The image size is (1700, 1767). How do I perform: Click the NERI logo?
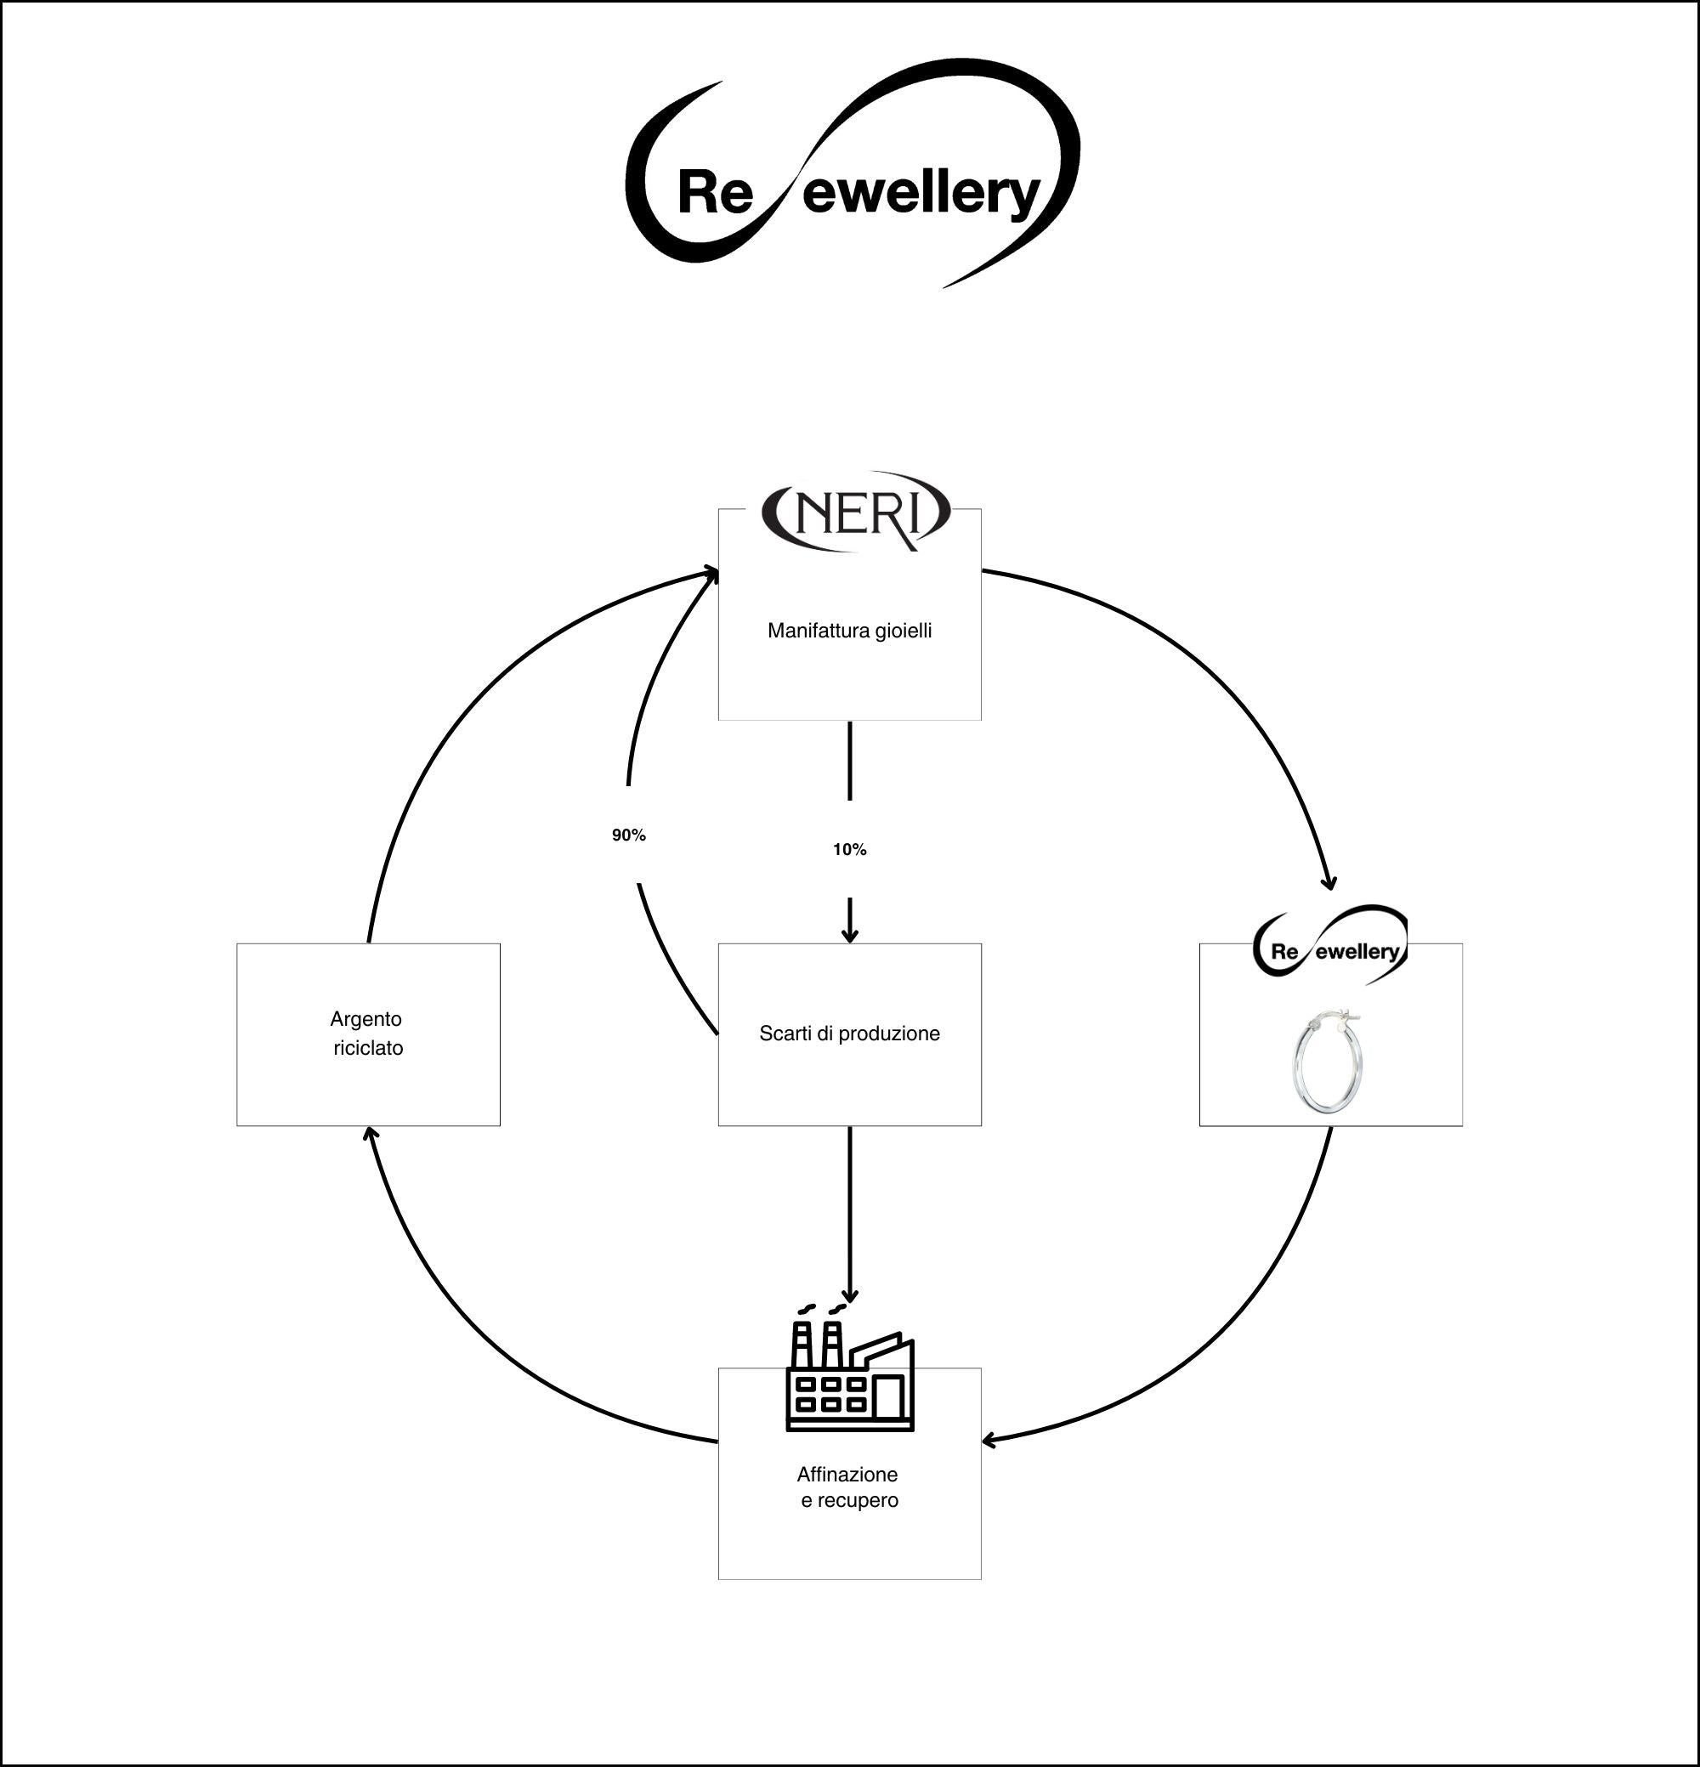855,511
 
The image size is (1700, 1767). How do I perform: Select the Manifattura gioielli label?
849,631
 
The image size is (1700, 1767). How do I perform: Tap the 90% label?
628,835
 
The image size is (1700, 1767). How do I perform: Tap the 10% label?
849,849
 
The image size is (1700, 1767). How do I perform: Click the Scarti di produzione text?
849,1034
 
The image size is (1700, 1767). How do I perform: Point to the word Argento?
366,1019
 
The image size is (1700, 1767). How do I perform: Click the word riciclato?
368,1048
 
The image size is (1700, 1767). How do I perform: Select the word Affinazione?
847,1475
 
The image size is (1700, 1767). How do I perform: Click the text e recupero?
849,1501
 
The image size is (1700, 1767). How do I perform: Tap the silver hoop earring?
1328,1064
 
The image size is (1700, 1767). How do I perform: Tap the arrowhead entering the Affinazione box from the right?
989,1441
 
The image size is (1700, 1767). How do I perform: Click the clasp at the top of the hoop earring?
1340,1019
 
